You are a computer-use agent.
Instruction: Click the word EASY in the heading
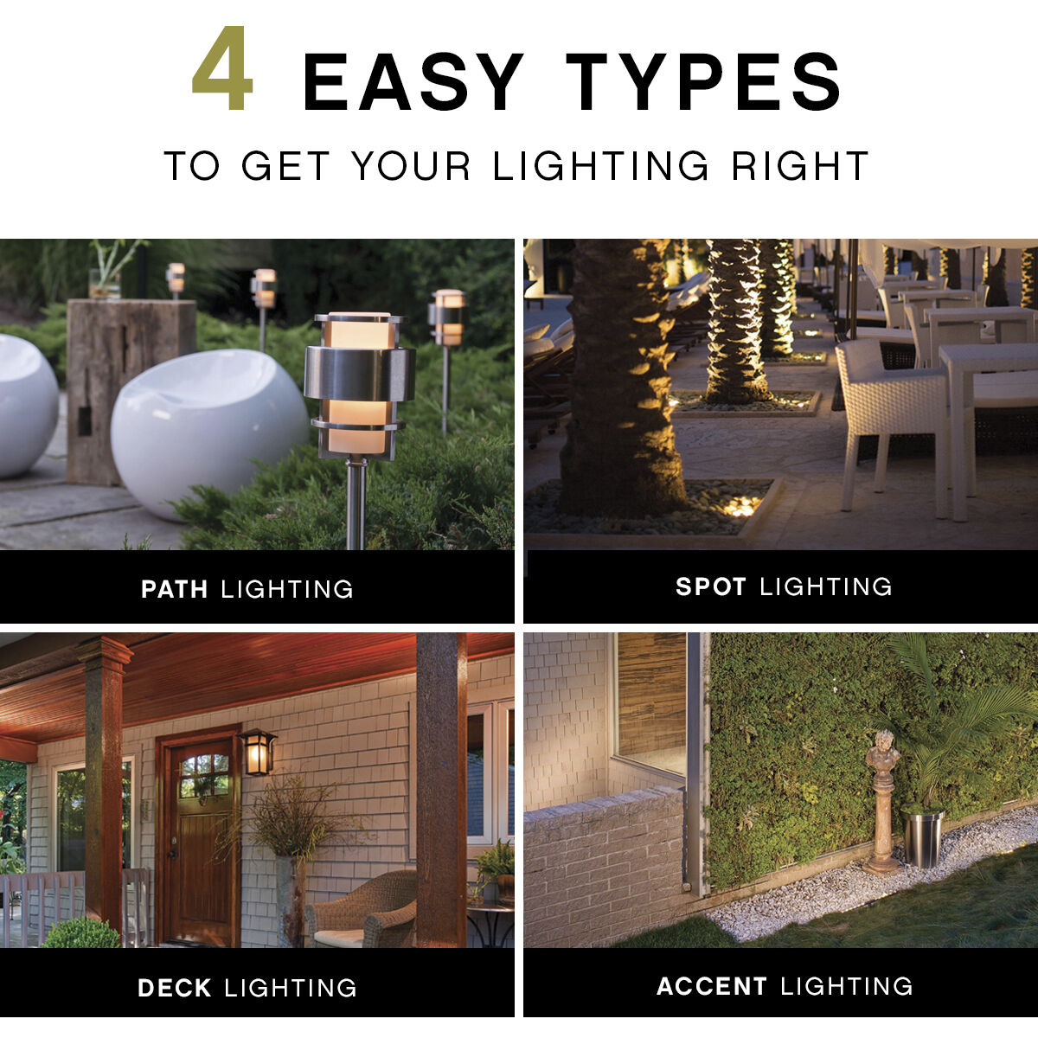click(413, 82)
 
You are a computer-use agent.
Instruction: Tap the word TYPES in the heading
click(703, 82)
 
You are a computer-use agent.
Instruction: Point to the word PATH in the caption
click(175, 590)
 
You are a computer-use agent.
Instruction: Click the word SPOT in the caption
click(711, 586)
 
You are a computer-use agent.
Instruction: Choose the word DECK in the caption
click(175, 988)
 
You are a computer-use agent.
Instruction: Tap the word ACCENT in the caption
click(712, 986)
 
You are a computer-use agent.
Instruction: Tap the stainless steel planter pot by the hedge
click(922, 837)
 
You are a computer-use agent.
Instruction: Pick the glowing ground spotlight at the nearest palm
click(740, 507)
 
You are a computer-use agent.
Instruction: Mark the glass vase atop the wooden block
click(104, 283)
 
